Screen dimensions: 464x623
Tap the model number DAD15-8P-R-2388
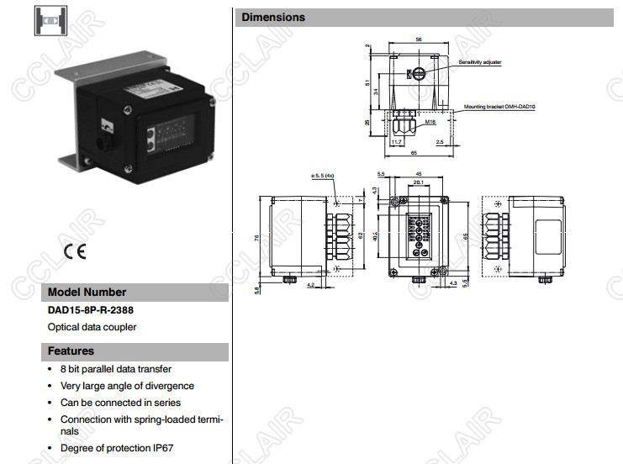(x=91, y=310)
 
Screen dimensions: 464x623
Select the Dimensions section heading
(x=274, y=17)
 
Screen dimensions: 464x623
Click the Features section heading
(x=71, y=351)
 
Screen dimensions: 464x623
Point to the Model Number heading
(x=87, y=293)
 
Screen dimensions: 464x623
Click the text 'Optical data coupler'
(x=92, y=327)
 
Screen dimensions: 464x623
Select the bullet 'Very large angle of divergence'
(x=127, y=386)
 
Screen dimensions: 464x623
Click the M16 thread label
(x=429, y=123)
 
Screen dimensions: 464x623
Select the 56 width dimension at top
(x=418, y=40)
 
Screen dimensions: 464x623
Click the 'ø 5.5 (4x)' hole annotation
(x=323, y=176)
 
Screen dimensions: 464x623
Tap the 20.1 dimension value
(x=418, y=182)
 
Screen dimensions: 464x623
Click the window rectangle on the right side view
(x=550, y=238)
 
